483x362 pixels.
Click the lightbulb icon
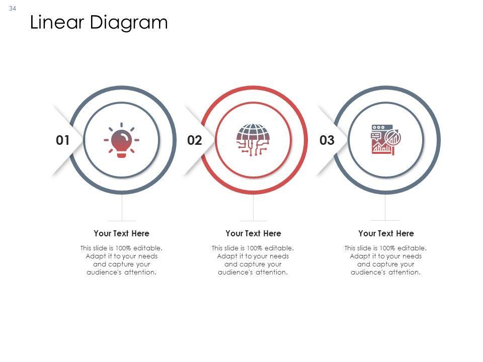tap(121, 140)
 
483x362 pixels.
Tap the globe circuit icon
tap(253, 140)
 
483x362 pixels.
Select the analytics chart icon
tap(386, 140)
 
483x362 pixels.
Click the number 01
tap(62, 140)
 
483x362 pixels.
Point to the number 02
tap(194, 140)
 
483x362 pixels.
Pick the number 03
tap(327, 140)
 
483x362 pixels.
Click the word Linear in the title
tap(57, 23)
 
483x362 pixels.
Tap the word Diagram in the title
tap(129, 23)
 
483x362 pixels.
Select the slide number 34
tap(13, 9)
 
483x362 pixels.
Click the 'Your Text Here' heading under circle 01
tap(121, 233)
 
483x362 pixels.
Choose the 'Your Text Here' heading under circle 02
tap(253, 233)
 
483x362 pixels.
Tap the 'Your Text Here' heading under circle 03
tap(386, 233)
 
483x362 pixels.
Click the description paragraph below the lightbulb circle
tap(121, 260)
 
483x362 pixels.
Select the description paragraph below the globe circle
tap(253, 260)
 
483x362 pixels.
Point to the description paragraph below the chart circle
tap(386, 260)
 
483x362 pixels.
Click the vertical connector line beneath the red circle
tap(253, 208)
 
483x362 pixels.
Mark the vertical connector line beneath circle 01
tap(122, 208)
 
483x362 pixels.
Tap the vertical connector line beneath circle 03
tap(385, 208)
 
